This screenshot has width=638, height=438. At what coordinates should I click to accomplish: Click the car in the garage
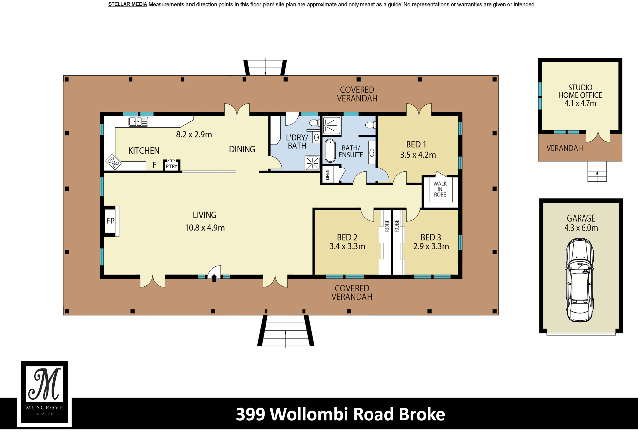580,280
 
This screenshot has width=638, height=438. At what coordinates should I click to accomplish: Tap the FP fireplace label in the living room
110,221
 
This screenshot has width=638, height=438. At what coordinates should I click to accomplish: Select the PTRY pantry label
172,166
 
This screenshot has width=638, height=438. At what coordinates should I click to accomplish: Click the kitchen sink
138,122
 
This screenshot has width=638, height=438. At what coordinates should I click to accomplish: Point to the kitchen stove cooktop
113,162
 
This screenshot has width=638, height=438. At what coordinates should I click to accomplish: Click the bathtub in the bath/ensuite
330,151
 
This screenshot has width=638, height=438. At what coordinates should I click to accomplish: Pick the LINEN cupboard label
327,175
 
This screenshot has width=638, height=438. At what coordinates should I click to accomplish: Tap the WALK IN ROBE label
440,189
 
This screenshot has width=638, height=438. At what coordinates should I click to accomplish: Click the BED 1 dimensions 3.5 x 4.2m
418,155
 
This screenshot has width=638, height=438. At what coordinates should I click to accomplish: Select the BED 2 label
347,237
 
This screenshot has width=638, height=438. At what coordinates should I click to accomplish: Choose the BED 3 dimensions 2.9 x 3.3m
431,246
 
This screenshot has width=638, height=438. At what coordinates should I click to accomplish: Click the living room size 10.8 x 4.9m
205,228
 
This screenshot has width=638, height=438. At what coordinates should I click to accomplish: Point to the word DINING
242,149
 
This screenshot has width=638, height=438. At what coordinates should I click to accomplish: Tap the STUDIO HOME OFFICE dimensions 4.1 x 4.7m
580,103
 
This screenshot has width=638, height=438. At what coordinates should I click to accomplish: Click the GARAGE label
581,218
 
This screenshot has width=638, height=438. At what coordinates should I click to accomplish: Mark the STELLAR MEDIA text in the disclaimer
127,4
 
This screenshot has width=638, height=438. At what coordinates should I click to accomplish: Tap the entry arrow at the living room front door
214,278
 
